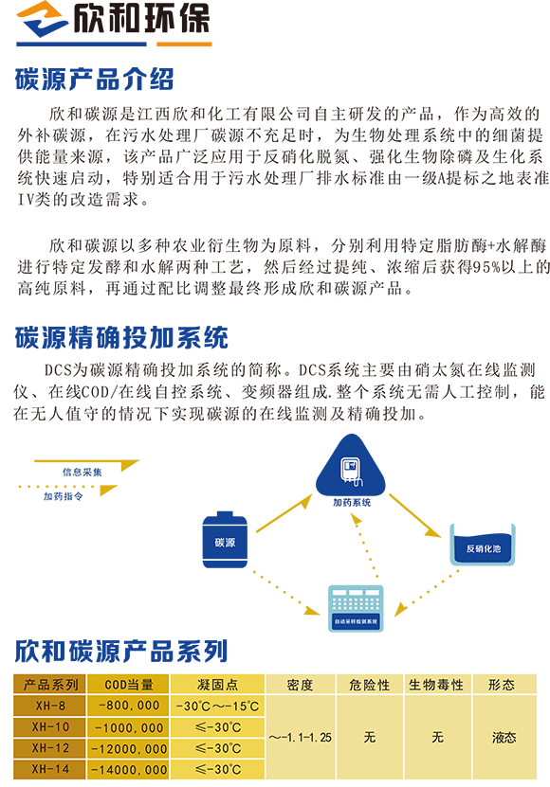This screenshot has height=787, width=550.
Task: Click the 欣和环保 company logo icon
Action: coord(44,19)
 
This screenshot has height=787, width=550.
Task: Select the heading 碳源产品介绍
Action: coord(95,80)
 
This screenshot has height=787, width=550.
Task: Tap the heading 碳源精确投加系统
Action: coord(121,337)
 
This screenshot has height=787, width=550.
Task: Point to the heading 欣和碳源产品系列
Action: coord(121,651)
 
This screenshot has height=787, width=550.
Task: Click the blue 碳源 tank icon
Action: coord(225,540)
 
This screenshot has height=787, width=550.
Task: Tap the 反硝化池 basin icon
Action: coord(483,545)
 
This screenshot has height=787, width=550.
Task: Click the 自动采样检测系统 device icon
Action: coord(356,608)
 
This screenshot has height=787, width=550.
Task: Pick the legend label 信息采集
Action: coord(82,472)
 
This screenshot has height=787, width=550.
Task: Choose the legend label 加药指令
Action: coord(63,496)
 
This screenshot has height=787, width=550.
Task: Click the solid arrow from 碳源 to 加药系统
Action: coord(284,513)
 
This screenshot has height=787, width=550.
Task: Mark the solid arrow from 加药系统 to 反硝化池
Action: coord(415,516)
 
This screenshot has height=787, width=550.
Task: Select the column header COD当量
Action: coord(129,685)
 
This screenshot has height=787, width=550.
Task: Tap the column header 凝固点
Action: coord(218,685)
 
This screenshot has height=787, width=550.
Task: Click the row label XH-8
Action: coord(50,706)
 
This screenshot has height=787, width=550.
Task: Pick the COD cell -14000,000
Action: coord(129,770)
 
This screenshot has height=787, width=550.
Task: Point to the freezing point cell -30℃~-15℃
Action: coord(218,707)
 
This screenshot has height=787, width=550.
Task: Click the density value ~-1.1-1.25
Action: coord(301,738)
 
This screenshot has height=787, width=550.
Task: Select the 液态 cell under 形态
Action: coord(504,738)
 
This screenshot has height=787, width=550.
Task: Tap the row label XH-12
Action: coord(50,748)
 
